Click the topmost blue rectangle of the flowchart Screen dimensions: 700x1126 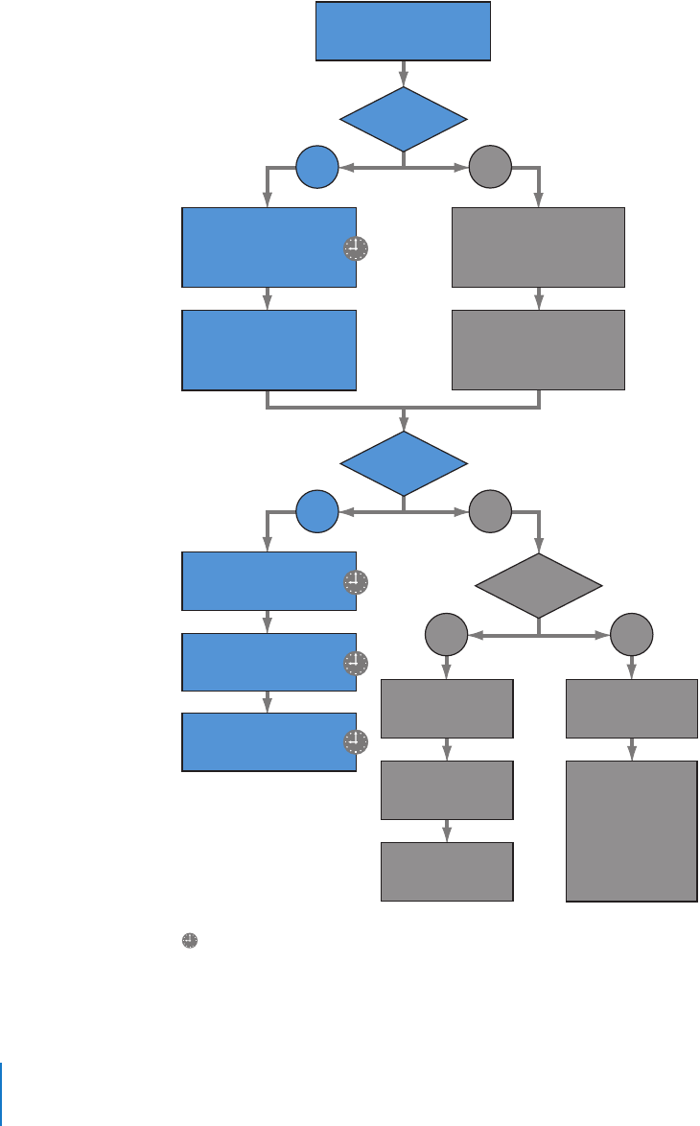[x=404, y=32]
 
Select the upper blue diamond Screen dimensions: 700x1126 [x=404, y=119]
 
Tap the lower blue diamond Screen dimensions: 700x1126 [x=404, y=463]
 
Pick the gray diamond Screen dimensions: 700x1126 [x=539, y=585]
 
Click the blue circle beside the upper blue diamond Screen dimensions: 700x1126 [x=317, y=168]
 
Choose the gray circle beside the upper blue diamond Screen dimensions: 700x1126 [x=490, y=168]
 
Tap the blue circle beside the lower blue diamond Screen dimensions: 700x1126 [x=317, y=511]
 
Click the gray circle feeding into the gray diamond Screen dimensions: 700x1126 [x=490, y=511]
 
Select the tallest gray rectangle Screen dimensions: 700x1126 [x=631, y=831]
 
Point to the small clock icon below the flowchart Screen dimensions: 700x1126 [x=190, y=942]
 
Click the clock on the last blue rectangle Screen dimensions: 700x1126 [x=355, y=741]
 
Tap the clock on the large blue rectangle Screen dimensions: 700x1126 [x=355, y=249]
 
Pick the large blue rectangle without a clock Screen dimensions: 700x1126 [x=268, y=349]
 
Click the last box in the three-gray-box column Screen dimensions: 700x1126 [x=447, y=871]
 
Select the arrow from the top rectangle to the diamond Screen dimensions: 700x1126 [x=404, y=74]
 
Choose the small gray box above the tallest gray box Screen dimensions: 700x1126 [x=631, y=708]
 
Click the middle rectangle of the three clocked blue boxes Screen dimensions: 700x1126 [x=268, y=662]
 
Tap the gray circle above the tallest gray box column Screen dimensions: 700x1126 [x=631, y=634]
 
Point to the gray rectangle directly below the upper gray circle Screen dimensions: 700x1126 [x=538, y=246]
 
